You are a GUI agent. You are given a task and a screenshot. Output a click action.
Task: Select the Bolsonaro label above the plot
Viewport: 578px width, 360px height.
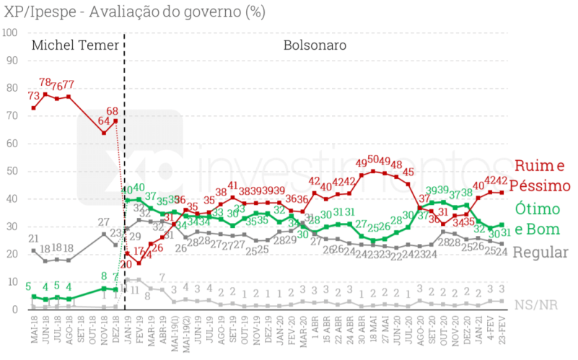315,45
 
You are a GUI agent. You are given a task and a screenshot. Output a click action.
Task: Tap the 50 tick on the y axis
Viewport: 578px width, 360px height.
12,171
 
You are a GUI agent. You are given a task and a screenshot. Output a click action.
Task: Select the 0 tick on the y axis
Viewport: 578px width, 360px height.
15,309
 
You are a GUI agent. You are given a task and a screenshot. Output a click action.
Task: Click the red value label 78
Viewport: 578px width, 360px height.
46,83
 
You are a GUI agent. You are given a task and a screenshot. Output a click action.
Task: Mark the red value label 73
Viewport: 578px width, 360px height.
34,96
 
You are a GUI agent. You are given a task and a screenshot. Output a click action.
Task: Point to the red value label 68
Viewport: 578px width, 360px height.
113,111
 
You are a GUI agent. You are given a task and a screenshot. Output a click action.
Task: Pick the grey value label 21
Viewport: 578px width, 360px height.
34,239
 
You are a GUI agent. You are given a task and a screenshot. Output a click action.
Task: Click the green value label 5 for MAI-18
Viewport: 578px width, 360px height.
28,286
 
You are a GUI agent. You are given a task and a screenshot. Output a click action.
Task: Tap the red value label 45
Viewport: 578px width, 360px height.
408,172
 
